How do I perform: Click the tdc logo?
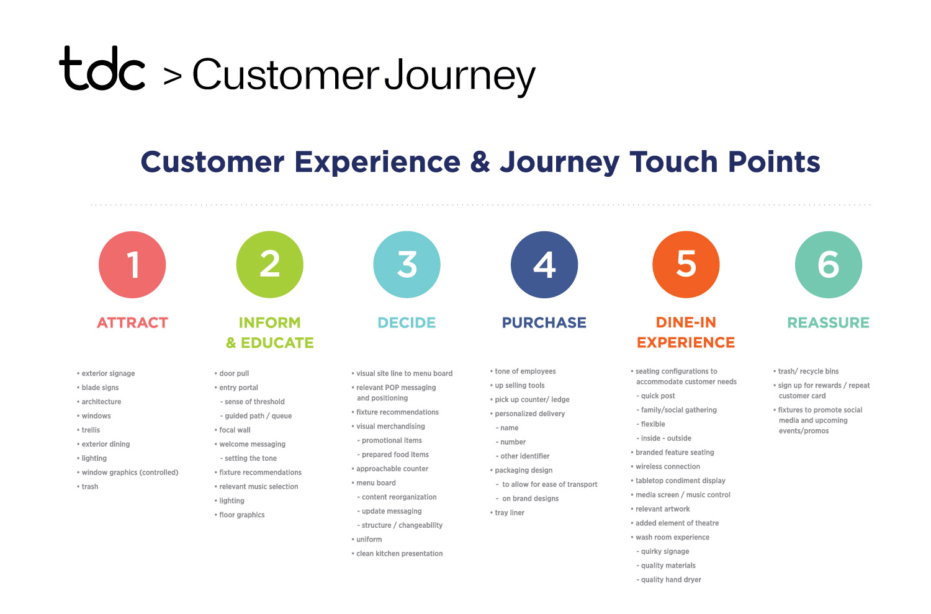click(102, 68)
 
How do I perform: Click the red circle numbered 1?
click(132, 265)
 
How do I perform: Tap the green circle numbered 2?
click(270, 265)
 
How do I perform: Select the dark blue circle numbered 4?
click(544, 265)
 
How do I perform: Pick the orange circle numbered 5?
click(686, 265)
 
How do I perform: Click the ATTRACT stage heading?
click(133, 323)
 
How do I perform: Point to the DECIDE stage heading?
click(407, 323)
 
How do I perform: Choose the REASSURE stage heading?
click(829, 323)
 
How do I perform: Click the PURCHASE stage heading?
click(544, 323)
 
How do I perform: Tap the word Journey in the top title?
click(460, 76)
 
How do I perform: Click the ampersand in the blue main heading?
click(480, 162)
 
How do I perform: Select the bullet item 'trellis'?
click(89, 430)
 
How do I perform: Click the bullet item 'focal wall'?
click(233, 430)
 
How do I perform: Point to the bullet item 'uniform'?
click(367, 539)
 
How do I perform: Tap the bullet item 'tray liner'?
click(508, 513)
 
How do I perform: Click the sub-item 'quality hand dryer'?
click(668, 579)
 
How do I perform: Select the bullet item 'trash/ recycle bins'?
click(806, 372)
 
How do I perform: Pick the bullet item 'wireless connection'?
click(665, 466)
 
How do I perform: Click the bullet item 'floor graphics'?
click(240, 515)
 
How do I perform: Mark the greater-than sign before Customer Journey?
click(173, 76)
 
